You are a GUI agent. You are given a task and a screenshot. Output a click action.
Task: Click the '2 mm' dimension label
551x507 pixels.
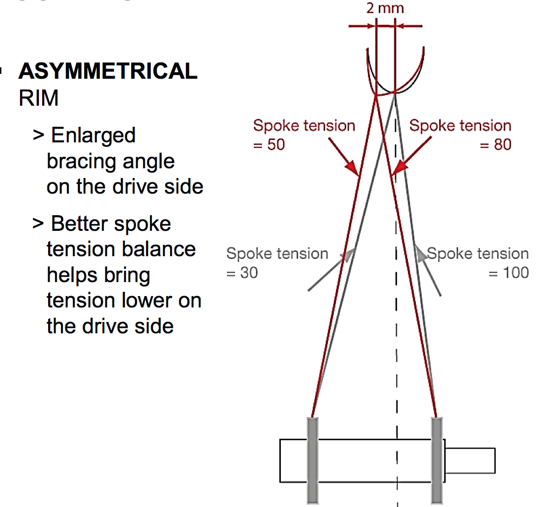click(x=385, y=8)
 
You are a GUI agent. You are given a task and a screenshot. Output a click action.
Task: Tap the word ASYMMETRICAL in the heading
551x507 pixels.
click(x=108, y=72)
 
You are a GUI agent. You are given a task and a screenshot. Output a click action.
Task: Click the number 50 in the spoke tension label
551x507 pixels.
click(x=275, y=145)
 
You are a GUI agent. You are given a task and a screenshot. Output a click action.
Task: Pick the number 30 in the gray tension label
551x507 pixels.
click(x=249, y=273)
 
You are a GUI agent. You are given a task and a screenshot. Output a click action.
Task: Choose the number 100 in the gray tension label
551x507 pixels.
click(x=515, y=273)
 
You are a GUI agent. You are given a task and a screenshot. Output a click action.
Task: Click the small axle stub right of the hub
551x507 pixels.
click(x=470, y=460)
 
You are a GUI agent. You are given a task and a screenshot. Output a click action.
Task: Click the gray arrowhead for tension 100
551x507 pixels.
click(x=419, y=252)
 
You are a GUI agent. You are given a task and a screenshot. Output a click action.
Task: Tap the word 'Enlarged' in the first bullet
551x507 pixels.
click(x=93, y=136)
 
